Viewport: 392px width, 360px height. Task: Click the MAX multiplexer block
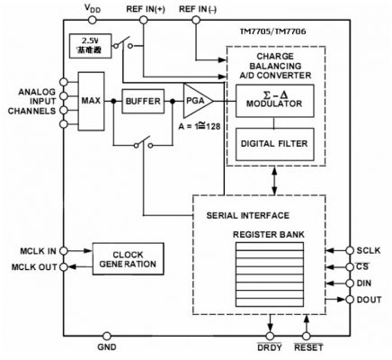(91, 103)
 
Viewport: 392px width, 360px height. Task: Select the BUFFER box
(144, 103)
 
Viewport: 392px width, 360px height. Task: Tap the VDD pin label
(92, 8)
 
